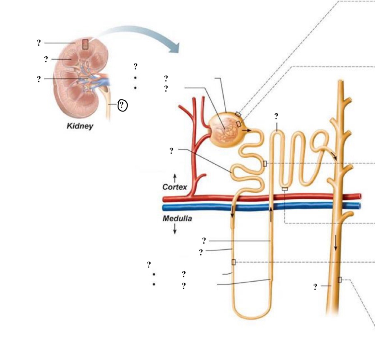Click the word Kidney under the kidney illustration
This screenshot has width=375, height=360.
coord(80,126)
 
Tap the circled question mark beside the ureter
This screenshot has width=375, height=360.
coord(123,105)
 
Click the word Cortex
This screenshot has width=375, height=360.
coord(174,187)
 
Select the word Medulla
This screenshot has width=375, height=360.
coord(177,218)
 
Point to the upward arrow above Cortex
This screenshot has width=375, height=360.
coord(175,178)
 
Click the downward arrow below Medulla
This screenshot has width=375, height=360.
coord(175,229)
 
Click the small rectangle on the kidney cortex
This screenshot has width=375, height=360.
coord(85,44)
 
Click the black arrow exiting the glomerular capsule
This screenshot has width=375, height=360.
coord(247,130)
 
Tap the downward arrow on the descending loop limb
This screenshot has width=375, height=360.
coord(232,212)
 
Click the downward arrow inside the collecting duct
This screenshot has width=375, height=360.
coord(336,243)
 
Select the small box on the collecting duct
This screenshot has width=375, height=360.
coord(339,280)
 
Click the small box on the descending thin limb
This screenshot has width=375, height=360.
coord(234,262)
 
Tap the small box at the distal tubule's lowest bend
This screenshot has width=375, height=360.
coord(285,189)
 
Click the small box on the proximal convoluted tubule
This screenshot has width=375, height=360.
coord(265,164)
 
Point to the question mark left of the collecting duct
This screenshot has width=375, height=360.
coord(315,287)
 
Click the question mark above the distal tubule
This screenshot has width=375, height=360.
coord(276,116)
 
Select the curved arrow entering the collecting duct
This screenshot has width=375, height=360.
coord(332,155)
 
